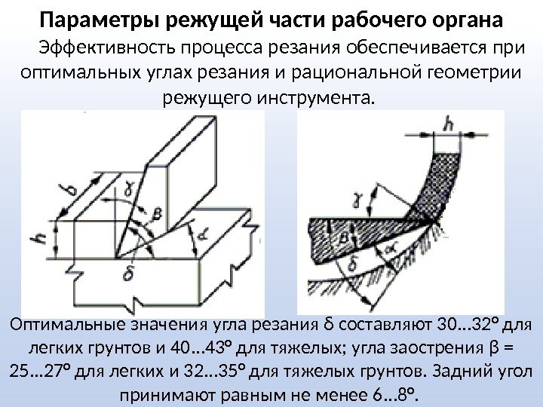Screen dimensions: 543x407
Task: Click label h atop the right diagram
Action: [451, 124]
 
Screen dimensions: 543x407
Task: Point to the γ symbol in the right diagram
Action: [357, 201]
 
